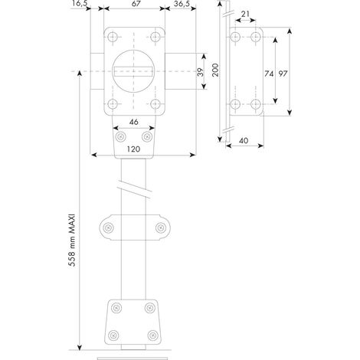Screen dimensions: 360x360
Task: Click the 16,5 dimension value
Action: point(80,4)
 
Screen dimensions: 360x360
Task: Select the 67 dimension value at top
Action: point(136,4)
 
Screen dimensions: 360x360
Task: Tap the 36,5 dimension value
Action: point(182,4)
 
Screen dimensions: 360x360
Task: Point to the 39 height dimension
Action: point(201,72)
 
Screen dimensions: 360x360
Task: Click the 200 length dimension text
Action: point(215,70)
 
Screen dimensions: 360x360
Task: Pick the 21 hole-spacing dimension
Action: point(245,14)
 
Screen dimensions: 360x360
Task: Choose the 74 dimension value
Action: point(269,74)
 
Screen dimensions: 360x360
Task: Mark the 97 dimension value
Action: point(283,74)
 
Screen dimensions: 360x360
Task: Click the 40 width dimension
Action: point(244,140)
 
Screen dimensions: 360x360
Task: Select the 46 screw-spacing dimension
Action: point(134,122)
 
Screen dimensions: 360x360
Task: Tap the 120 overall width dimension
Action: point(133,149)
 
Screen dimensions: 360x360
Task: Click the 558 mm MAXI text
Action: point(72,241)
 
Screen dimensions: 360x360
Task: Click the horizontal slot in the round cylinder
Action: point(133,71)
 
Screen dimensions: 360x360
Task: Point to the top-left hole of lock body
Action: point(113,38)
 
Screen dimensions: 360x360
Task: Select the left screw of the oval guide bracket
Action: point(109,227)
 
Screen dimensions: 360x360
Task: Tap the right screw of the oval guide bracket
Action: point(161,227)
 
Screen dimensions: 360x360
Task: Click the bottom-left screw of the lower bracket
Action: point(113,335)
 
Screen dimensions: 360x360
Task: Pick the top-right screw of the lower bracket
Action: point(150,308)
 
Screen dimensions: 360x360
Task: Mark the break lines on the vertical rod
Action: point(135,189)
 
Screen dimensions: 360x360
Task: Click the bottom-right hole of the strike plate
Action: point(255,104)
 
